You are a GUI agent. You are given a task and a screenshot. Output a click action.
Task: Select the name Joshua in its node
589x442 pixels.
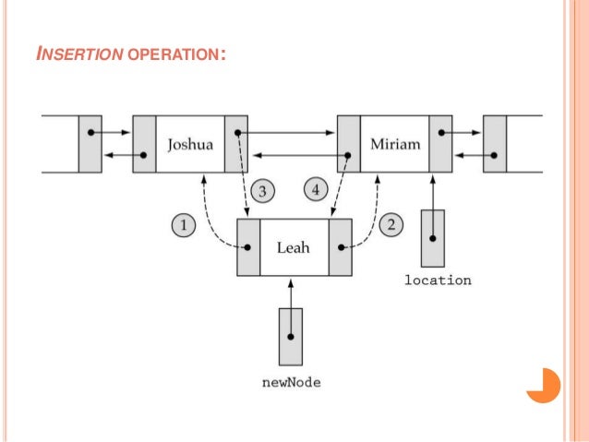tap(190, 144)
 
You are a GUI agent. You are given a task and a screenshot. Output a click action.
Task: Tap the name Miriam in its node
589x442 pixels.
tap(395, 144)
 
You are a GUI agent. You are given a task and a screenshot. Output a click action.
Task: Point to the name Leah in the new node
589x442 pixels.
tap(294, 247)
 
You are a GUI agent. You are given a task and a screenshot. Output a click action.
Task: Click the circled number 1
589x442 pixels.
tap(185, 224)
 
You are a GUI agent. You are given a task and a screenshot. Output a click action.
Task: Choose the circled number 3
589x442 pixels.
tap(262, 191)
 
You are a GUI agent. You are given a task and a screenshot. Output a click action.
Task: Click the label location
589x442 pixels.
tap(438, 280)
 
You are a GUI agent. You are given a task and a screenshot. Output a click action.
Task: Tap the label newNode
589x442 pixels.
tap(291, 382)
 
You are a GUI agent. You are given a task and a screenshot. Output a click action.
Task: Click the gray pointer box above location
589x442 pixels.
tap(432, 238)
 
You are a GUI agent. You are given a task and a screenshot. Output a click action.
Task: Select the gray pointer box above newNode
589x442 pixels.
tap(291, 335)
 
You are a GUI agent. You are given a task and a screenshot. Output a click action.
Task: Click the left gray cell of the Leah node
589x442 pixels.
tap(248, 247)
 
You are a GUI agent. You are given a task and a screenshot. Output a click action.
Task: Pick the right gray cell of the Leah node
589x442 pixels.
tap(340, 247)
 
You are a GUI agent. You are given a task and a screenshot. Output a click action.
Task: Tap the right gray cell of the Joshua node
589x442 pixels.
tap(236, 144)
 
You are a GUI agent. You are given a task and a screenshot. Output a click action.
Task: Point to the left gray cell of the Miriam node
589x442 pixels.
tap(348, 144)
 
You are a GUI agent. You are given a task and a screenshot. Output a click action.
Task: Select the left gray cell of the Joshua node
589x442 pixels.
tap(144, 144)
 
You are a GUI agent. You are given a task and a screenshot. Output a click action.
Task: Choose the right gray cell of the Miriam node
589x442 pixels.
tap(441, 144)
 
